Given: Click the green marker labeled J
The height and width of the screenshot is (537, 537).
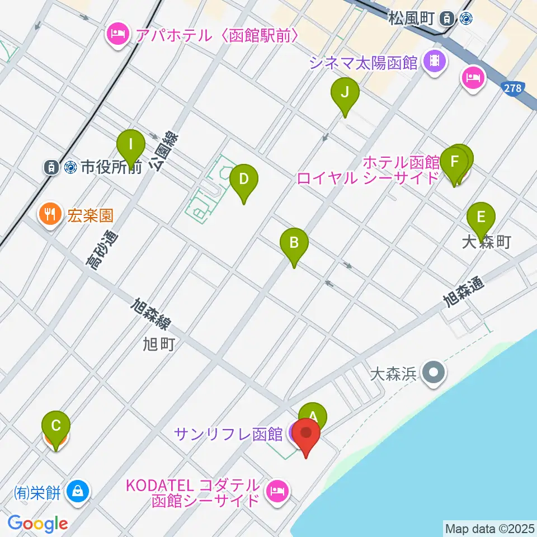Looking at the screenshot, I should (x=345, y=93).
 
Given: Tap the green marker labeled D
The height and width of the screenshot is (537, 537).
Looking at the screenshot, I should (x=244, y=180).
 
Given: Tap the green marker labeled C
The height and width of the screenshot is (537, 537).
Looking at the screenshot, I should (x=56, y=426).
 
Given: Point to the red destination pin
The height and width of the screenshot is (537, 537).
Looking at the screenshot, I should (x=307, y=434).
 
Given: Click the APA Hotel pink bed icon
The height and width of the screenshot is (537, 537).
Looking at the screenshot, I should (x=117, y=35).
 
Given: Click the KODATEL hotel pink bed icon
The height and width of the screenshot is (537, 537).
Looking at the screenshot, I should (x=277, y=491).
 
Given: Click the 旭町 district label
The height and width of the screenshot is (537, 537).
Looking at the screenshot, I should (x=158, y=343).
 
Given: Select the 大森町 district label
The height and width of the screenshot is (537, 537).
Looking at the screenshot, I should (x=487, y=242).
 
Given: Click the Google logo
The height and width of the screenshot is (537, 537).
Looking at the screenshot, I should (x=38, y=524).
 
